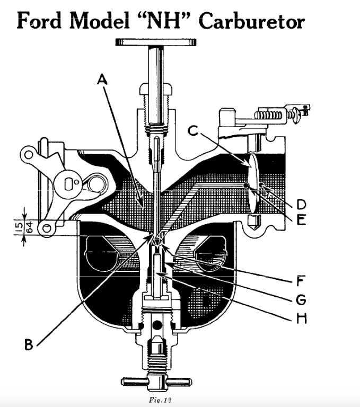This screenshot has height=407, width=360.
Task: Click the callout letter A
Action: [102, 79]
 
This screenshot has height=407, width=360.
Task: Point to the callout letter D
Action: [301, 203]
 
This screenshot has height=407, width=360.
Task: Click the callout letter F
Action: [301, 279]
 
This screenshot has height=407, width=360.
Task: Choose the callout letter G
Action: [301, 299]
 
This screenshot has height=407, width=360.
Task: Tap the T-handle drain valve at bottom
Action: [157, 381]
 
